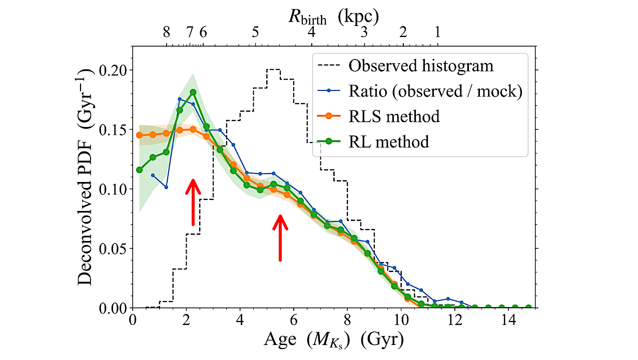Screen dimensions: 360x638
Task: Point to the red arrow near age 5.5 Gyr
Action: click(280, 237)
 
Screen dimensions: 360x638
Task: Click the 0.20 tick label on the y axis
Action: click(114, 69)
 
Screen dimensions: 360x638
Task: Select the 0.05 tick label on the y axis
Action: click(114, 248)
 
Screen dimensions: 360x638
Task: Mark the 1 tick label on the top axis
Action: click(437, 33)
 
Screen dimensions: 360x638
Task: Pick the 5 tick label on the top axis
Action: click(255, 33)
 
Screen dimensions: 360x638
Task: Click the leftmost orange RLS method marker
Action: click(140, 135)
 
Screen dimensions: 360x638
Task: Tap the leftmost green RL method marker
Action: click(140, 170)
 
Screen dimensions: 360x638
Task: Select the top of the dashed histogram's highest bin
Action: click(273, 69)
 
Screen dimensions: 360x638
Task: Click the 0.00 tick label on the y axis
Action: click(114, 308)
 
